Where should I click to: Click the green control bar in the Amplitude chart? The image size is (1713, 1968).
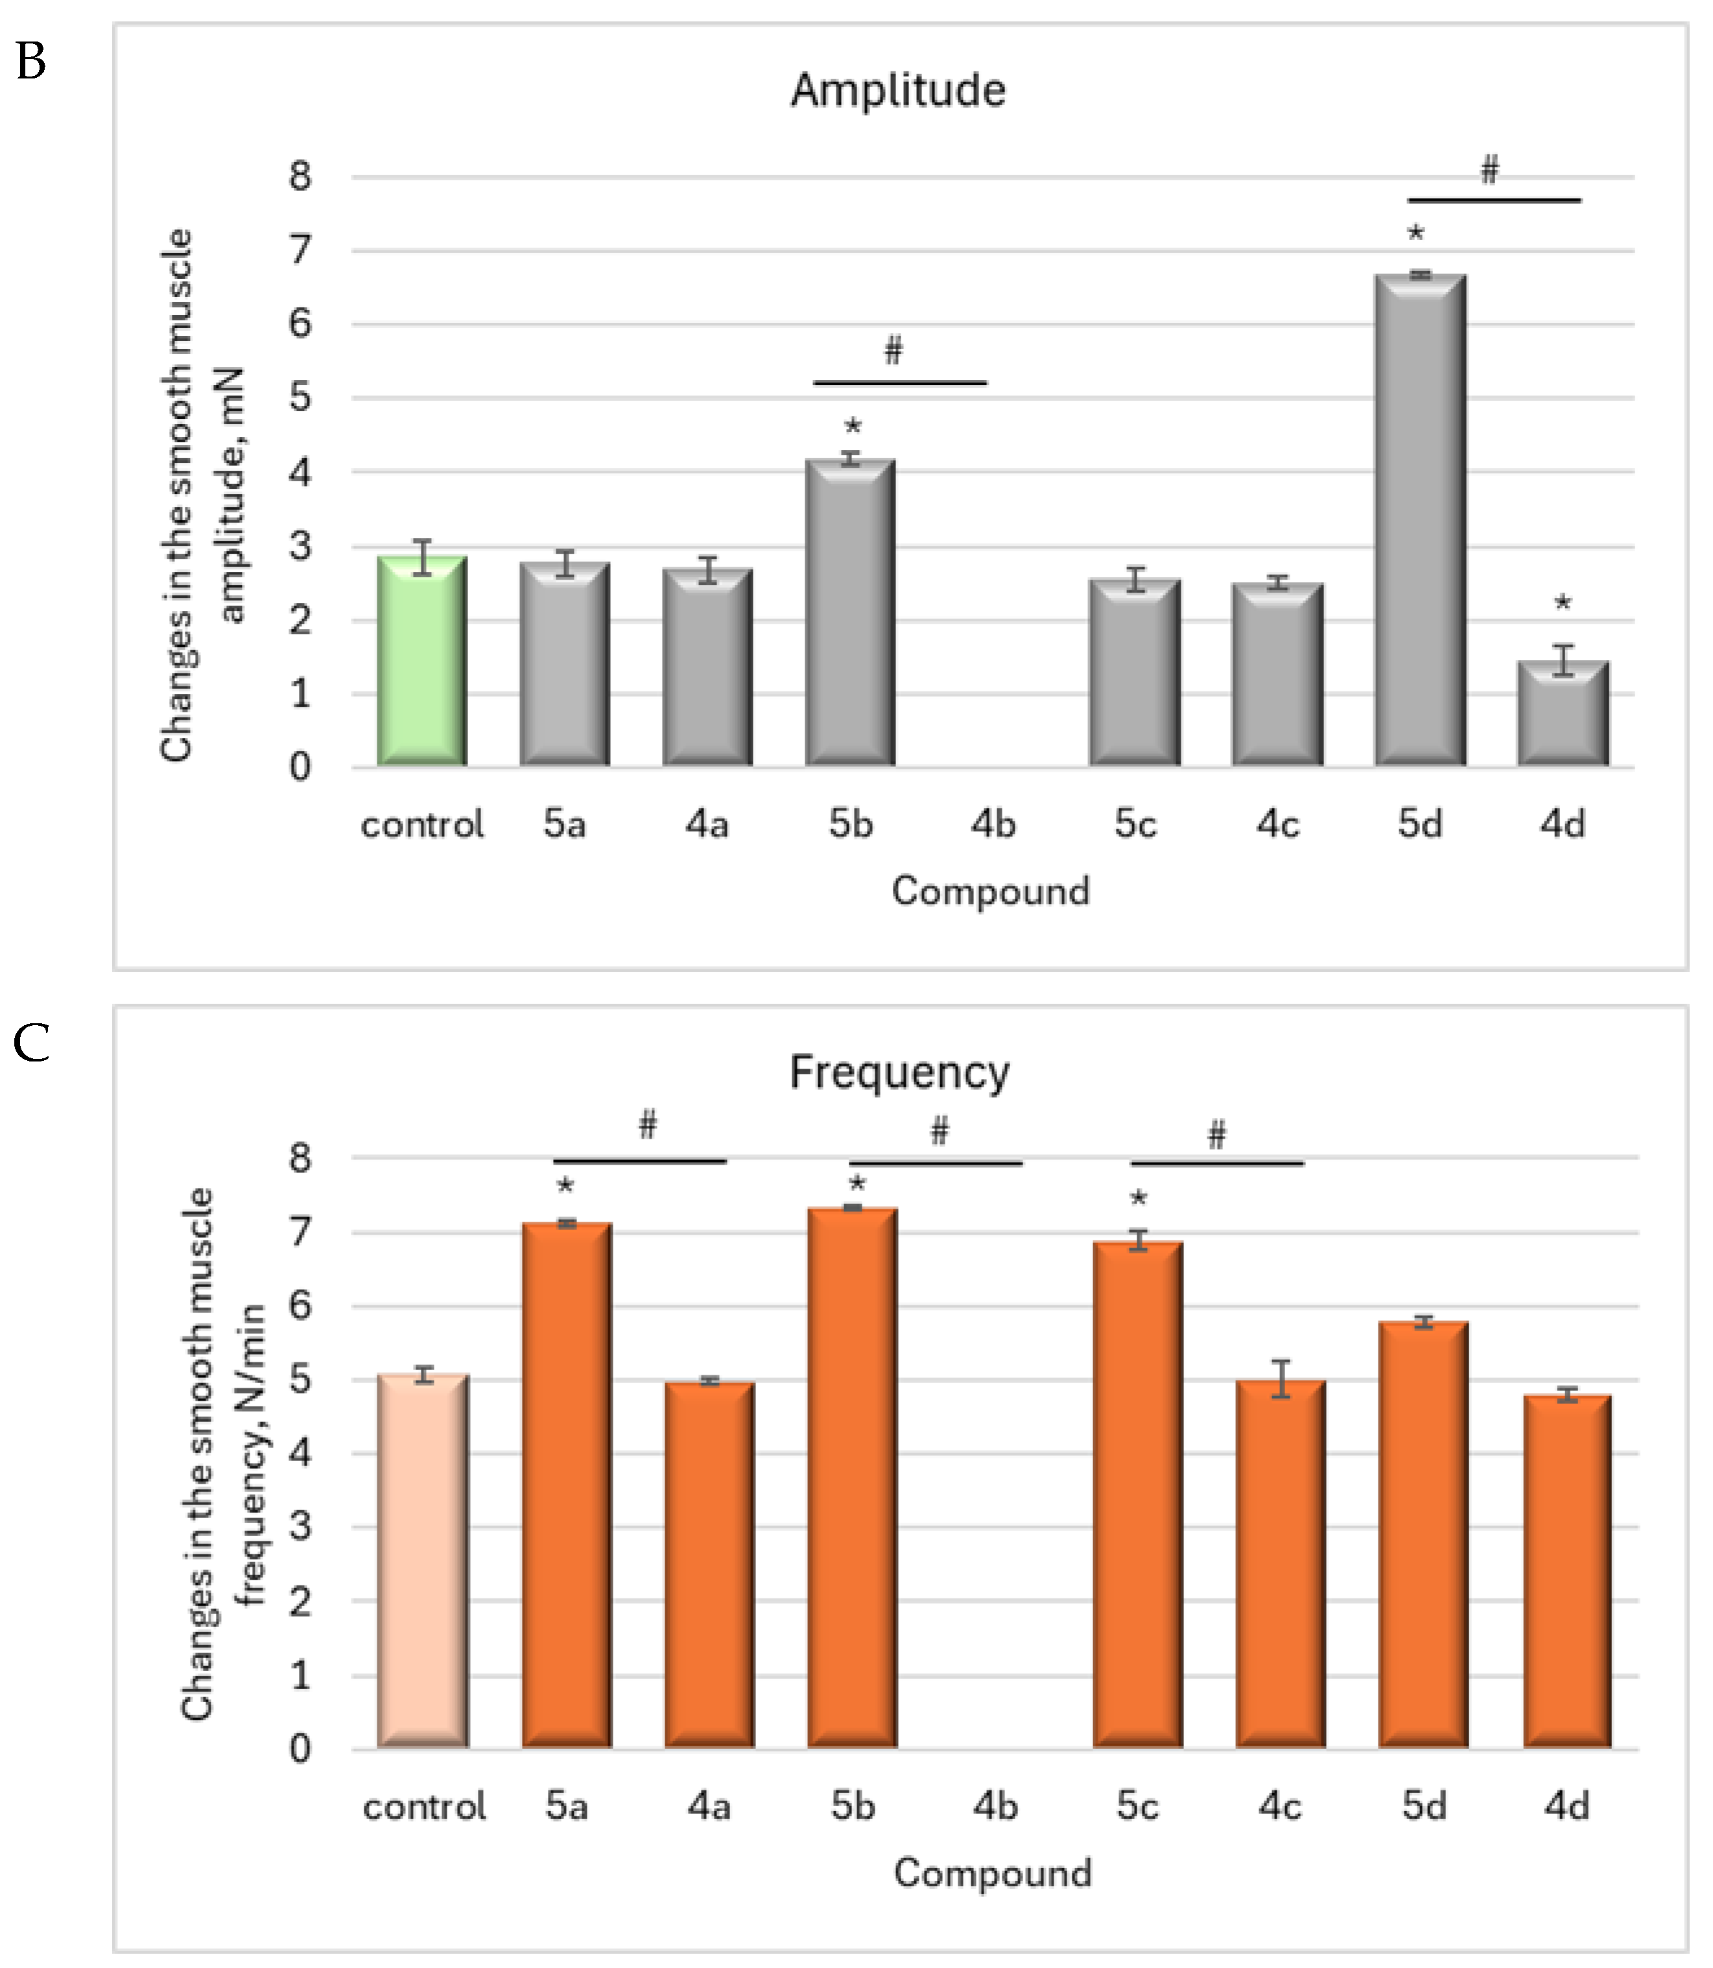click(x=421, y=661)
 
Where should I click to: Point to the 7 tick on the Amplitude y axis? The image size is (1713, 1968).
click(x=300, y=250)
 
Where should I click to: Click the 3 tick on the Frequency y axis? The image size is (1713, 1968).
click(x=300, y=1526)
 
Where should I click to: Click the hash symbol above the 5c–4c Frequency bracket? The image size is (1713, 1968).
click(x=1216, y=1135)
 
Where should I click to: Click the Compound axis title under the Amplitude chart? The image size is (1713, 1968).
click(x=990, y=891)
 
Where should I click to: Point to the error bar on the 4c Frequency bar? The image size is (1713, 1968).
click(x=1281, y=1379)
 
